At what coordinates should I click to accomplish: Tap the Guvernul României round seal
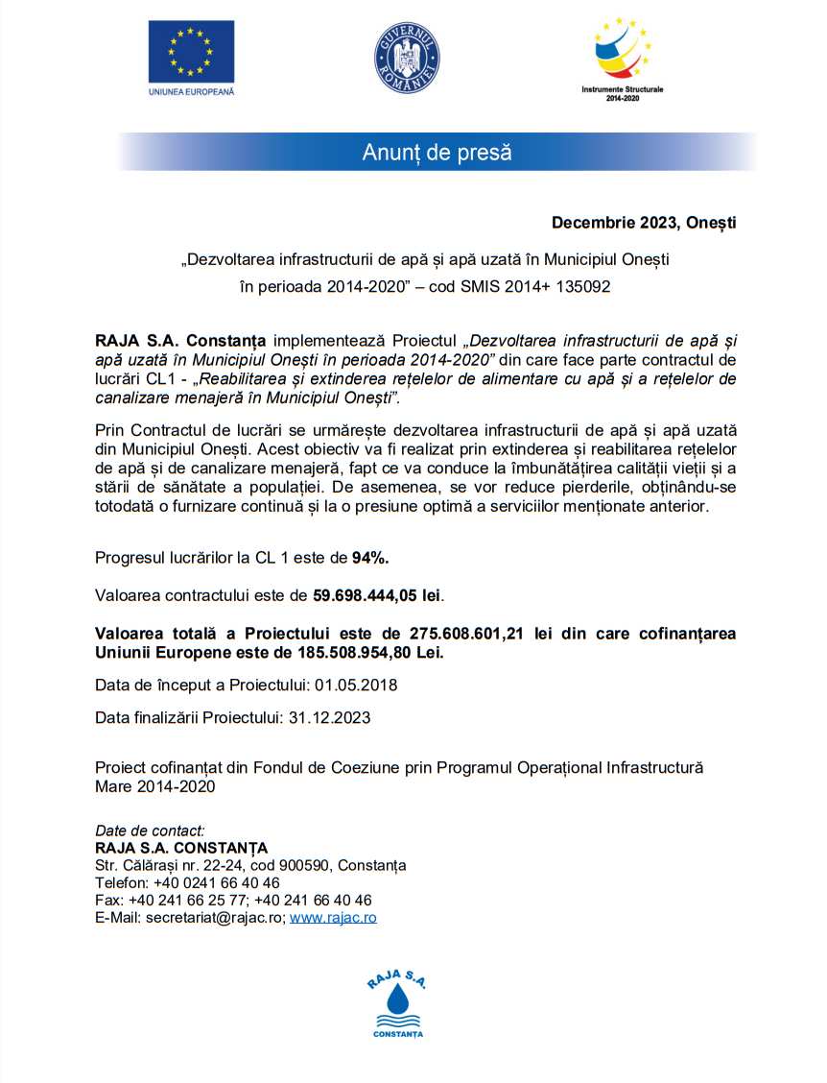click(x=406, y=58)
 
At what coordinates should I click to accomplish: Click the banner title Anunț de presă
click(x=437, y=152)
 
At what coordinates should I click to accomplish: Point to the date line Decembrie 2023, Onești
click(x=644, y=223)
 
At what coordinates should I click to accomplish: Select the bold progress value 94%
click(x=370, y=558)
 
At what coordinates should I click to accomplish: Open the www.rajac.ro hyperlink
click(x=333, y=918)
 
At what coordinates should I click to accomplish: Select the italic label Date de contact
click(x=150, y=830)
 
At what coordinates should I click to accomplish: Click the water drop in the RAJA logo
click(x=397, y=1006)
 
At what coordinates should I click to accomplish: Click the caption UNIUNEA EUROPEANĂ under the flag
click(x=192, y=92)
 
